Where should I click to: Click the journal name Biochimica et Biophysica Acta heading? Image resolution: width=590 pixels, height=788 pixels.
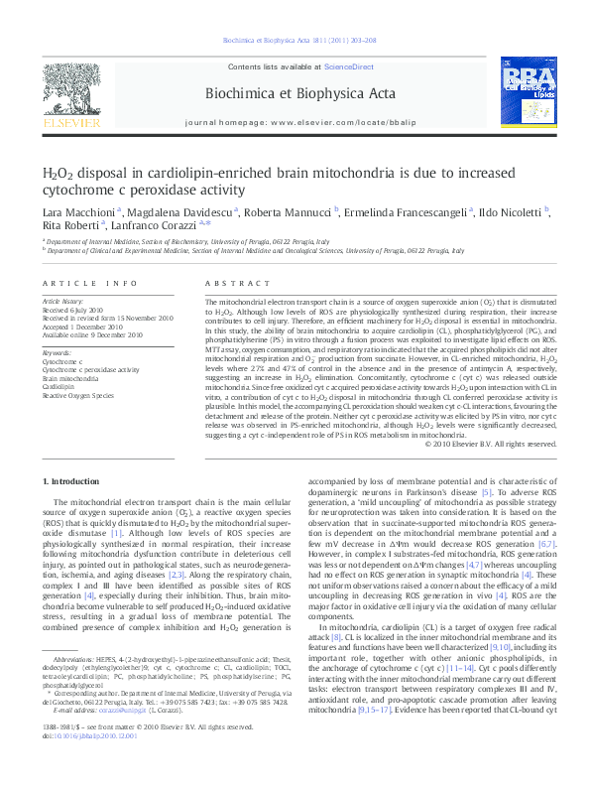pyautogui.click(x=295, y=93)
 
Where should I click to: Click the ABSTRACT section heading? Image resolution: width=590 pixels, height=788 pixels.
pyautogui.click(x=230, y=283)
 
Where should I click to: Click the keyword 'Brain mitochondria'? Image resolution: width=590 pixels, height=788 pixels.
pyautogui.click(x=70, y=379)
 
